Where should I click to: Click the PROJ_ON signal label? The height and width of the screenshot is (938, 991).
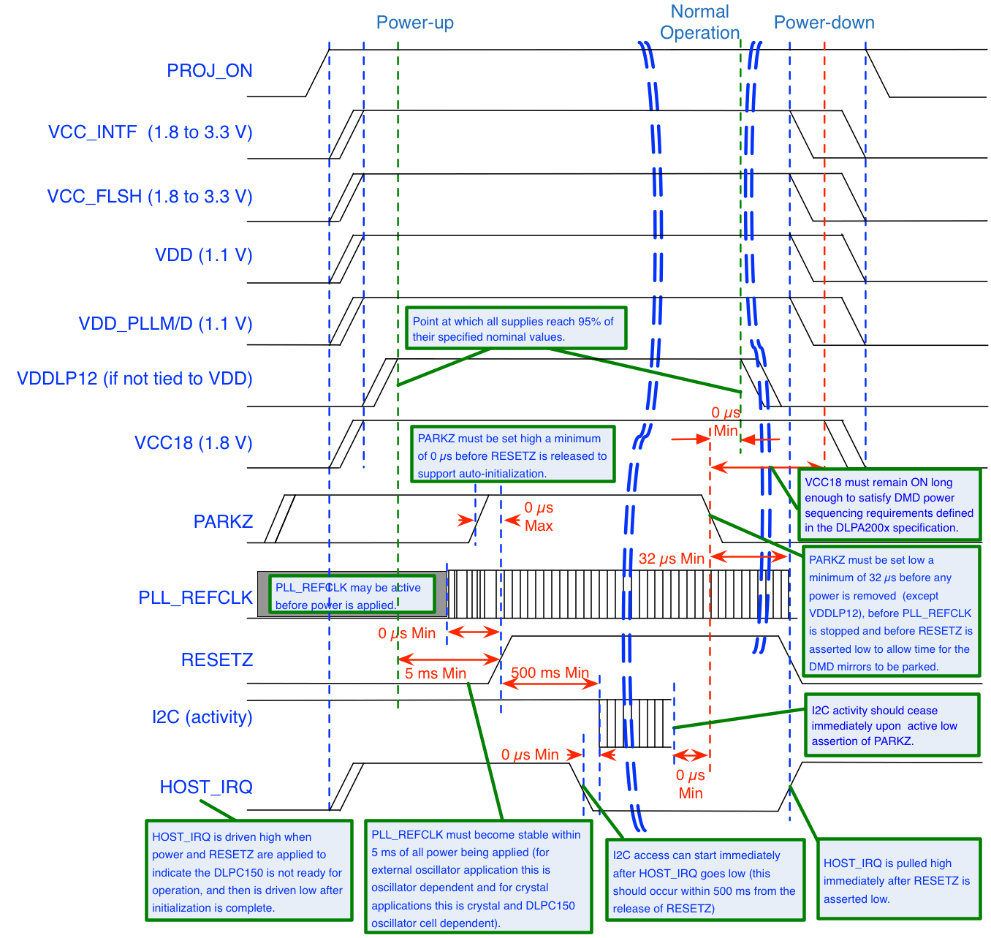[209, 71]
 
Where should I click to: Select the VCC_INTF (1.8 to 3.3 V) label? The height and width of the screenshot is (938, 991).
[150, 132]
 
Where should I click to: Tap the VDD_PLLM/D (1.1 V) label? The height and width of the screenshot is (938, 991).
[165, 324]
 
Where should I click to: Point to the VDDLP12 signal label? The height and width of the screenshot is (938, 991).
[134, 379]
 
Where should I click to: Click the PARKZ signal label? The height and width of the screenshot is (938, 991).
[223, 521]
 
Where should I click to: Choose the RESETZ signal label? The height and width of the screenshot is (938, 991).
[216, 660]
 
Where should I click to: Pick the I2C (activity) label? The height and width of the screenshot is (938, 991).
[202, 717]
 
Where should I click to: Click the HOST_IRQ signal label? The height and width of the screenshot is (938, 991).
[206, 787]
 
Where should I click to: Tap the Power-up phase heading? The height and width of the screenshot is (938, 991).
[414, 23]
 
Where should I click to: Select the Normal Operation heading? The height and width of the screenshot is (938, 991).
[699, 23]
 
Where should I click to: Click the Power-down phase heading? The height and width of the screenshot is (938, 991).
[824, 23]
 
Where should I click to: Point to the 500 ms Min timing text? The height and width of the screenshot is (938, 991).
[550, 673]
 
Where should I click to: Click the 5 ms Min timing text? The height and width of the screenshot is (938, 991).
[435, 673]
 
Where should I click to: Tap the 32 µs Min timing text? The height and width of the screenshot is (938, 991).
[671, 559]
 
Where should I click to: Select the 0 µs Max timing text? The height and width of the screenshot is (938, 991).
[539, 517]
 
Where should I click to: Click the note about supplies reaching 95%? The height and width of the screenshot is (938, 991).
[516, 328]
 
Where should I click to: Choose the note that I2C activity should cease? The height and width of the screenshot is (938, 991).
[891, 725]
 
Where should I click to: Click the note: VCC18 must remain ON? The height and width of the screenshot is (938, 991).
[889, 504]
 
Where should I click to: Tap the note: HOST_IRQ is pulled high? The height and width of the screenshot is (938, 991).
[897, 880]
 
